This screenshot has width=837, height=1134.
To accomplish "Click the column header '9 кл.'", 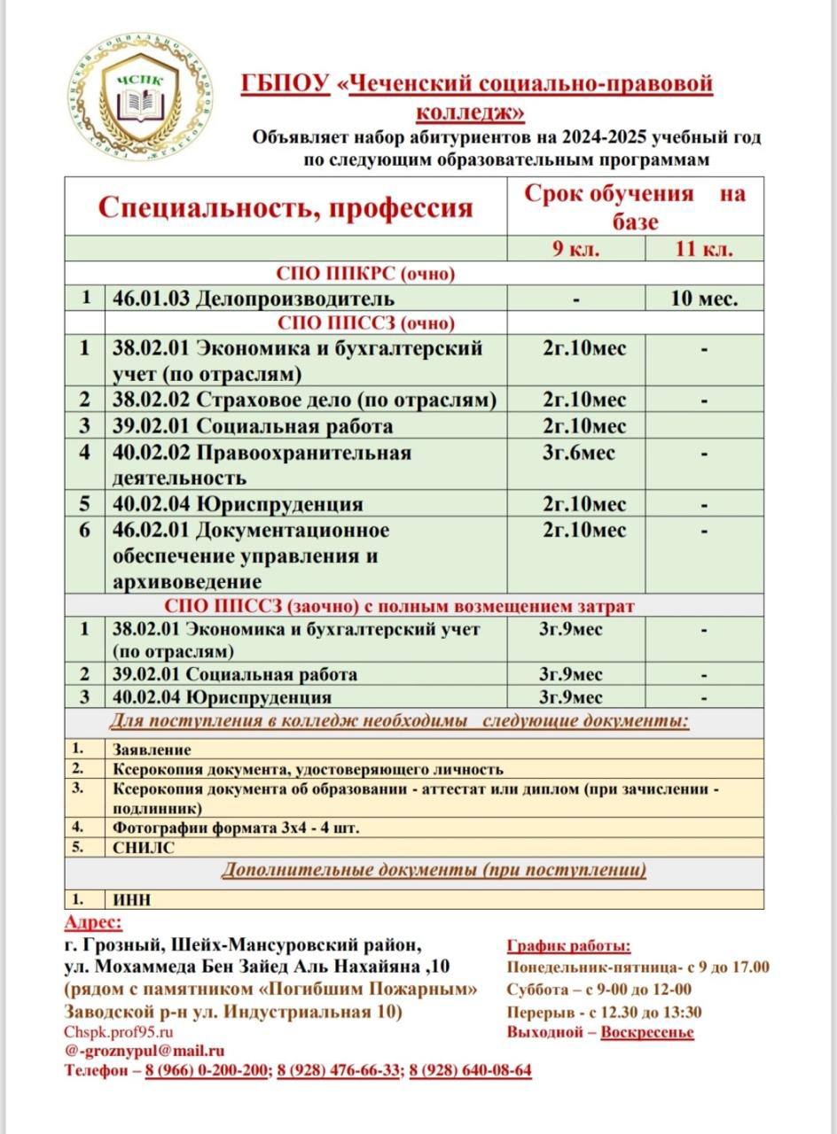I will [575, 248].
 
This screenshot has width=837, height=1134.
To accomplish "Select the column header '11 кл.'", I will [704, 248].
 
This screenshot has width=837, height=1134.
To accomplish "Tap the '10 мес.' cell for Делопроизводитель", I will [704, 299].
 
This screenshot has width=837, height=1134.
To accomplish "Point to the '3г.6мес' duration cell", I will [578, 453].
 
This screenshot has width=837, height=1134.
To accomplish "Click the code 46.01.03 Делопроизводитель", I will [254, 299].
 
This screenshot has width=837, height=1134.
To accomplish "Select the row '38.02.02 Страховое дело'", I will [304, 400].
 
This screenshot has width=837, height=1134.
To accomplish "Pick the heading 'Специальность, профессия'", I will [285, 207].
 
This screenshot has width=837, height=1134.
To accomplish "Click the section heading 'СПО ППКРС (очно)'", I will [366, 273].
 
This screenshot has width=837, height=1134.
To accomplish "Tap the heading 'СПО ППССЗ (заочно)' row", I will [399, 606].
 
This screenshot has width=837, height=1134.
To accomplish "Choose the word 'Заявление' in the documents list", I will [152, 750].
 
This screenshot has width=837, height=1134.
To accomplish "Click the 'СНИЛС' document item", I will [144, 847].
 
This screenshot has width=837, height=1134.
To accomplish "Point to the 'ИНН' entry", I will [132, 899].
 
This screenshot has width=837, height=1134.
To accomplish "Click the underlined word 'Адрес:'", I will [94, 923].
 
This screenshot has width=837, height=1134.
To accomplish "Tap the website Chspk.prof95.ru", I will [119, 1032].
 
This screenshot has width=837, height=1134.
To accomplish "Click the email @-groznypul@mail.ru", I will [145, 1051].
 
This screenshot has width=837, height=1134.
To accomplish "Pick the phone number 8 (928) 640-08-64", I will [470, 1070].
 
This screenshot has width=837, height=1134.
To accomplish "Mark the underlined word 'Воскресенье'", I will [647, 1032].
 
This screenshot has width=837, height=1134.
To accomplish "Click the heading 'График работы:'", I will [568, 946].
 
